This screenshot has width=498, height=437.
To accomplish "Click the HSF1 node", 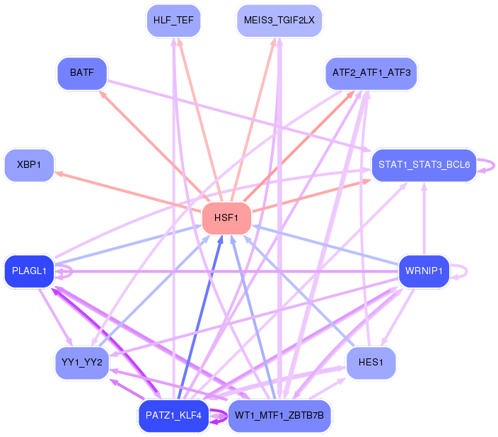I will [227, 217].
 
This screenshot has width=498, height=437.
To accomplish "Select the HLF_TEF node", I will [173, 19].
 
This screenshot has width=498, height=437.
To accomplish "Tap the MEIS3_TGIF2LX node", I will [279, 19].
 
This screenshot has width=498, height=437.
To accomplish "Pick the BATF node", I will [81, 73].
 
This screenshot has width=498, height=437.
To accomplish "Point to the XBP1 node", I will [29, 165].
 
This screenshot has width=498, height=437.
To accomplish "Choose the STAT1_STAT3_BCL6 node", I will [423, 165].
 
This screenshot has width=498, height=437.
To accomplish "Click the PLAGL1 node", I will [29, 271].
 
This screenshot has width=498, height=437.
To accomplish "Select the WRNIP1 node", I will [424, 271].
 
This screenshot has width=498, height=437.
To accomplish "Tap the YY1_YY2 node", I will [81, 363].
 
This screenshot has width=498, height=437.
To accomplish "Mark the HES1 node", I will [371, 363].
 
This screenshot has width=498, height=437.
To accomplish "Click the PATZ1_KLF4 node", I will [173, 416].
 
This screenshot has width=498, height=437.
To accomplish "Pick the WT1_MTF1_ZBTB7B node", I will [279, 416].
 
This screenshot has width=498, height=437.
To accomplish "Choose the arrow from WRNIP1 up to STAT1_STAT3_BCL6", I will [424, 220].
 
